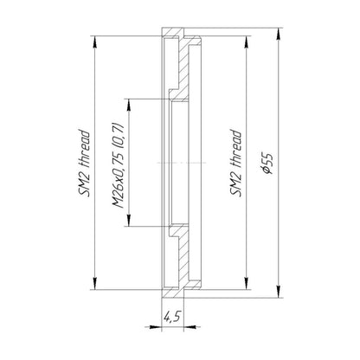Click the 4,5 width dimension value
[172, 317]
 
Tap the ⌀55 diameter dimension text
[267, 164]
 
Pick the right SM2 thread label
[235, 164]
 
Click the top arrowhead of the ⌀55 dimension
[278, 35]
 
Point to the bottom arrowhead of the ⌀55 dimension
[278, 292]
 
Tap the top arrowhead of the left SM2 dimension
[95, 42]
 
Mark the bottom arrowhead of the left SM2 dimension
[95, 283]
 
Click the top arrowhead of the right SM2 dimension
[246, 42]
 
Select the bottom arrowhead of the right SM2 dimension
[246, 283]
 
